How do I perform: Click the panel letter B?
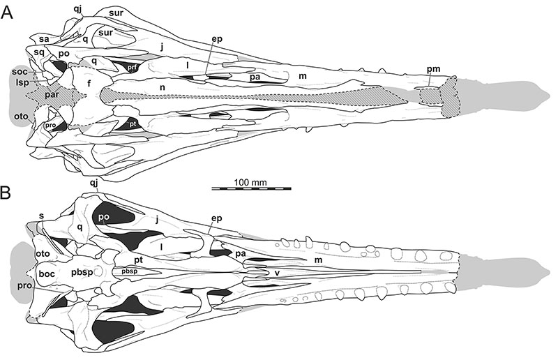[6, 193]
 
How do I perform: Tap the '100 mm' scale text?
[250, 183]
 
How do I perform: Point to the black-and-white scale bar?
[252, 188]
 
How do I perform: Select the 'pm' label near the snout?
[434, 69]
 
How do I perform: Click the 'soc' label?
[20, 72]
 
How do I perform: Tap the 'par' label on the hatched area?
[52, 96]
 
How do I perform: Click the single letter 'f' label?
[89, 83]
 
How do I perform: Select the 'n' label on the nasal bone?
[163, 87]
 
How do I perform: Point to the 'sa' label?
[44, 39]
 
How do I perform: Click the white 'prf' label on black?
[133, 66]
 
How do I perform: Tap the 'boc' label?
[47, 273]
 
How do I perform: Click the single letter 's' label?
[42, 216]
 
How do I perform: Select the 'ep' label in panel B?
[216, 218]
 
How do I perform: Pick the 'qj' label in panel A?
[78, 10]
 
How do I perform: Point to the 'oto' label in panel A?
[21, 116]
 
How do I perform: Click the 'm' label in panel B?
[318, 260]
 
